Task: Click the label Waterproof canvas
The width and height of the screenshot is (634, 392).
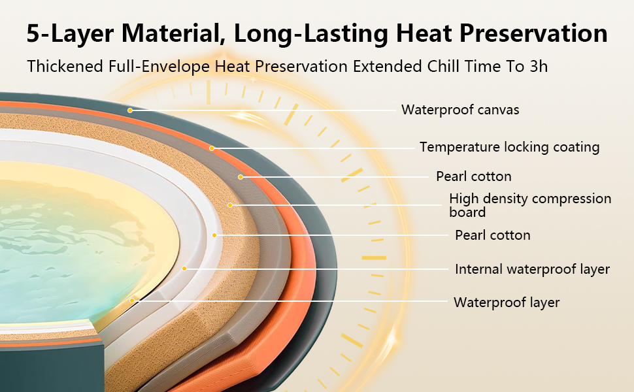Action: tap(460, 110)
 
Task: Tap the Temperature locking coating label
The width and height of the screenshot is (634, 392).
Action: tap(509, 147)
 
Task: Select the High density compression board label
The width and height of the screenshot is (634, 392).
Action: tap(530, 205)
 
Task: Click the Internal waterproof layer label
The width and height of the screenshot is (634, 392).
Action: tap(532, 269)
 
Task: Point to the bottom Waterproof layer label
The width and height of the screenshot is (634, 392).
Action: tap(507, 302)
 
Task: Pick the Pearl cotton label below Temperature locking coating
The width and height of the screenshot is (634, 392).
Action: tap(473, 176)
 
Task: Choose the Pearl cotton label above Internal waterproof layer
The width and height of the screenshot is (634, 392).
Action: tap(492, 235)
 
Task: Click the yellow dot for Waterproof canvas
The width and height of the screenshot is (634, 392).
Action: tap(130, 110)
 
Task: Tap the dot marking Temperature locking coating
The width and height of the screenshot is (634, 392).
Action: tap(212, 148)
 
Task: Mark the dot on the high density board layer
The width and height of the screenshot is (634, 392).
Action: tap(229, 205)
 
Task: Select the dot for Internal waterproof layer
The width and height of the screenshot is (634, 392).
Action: tap(184, 269)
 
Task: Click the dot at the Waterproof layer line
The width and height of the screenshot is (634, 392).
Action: tap(132, 301)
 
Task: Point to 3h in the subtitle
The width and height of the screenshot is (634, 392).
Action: tap(539, 66)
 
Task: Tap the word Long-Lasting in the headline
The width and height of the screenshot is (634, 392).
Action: tap(311, 34)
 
